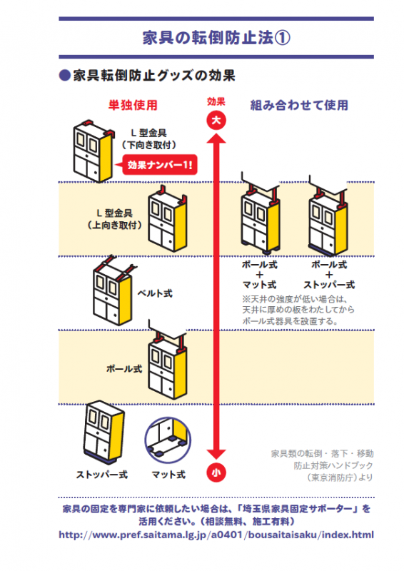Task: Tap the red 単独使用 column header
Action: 132,105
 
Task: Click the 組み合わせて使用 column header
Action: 299,105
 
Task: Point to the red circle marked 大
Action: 216,121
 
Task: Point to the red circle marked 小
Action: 216,472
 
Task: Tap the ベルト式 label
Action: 156,293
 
